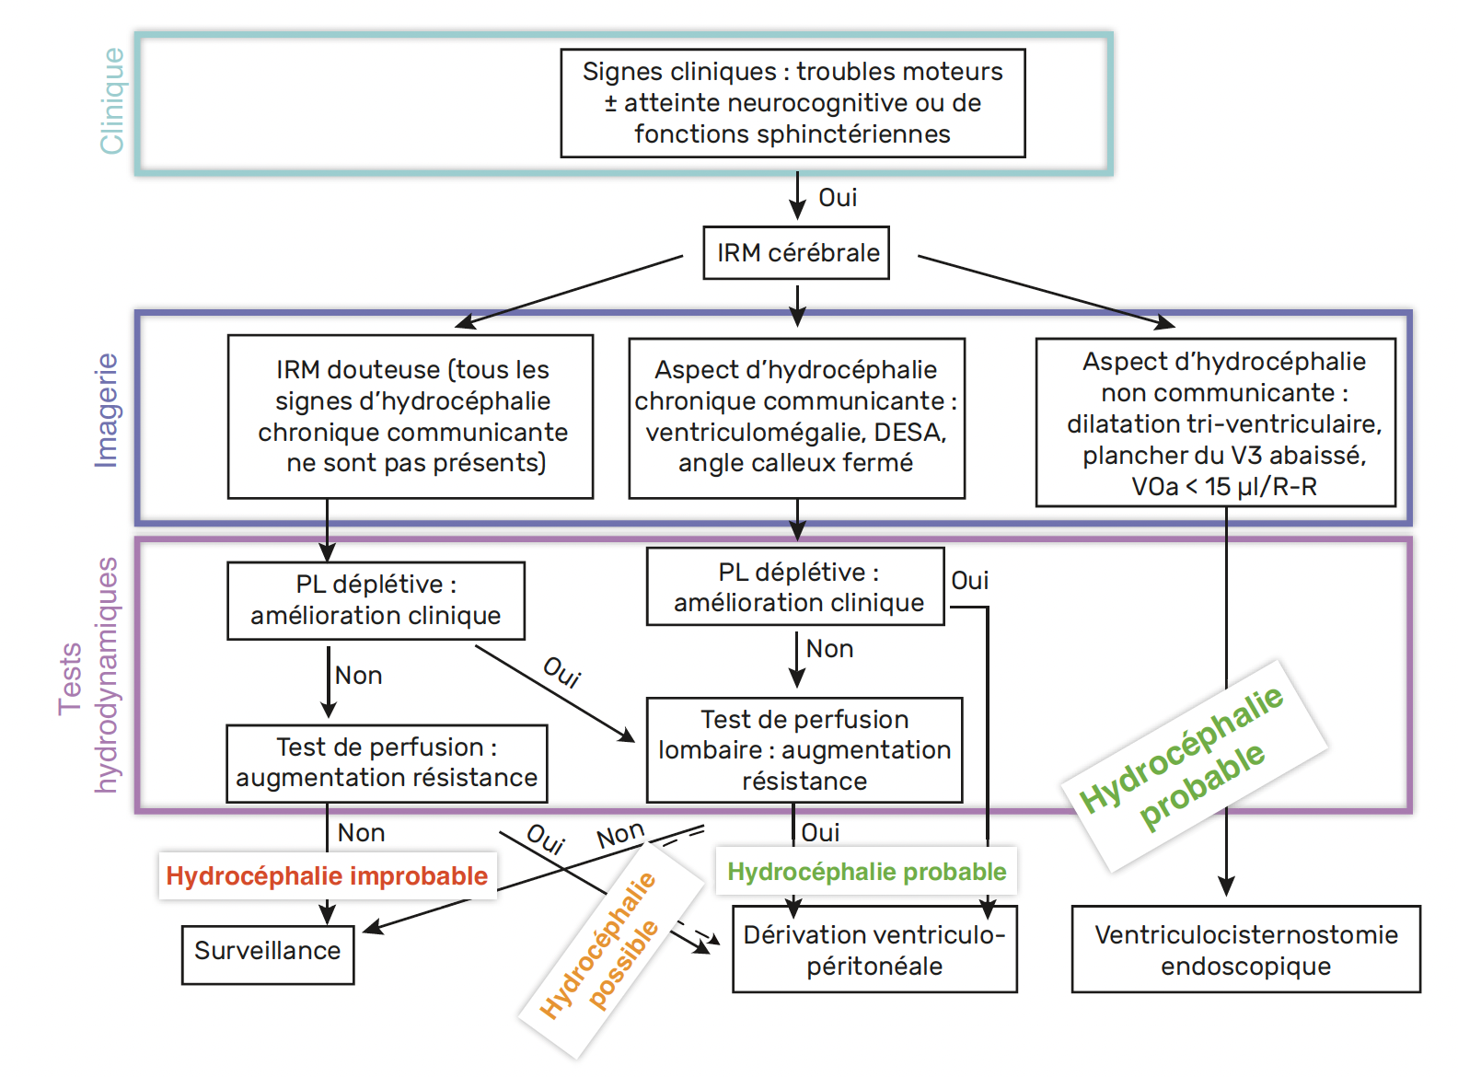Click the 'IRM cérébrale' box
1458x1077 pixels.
coord(795,253)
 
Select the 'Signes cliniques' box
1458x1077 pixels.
coord(793,103)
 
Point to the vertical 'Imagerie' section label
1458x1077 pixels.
coord(107,411)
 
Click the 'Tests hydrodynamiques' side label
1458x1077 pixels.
coord(88,675)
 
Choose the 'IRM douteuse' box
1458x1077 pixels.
coord(411,417)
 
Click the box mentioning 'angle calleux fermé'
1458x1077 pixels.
coord(797,418)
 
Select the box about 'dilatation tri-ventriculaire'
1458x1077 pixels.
coord(1215,423)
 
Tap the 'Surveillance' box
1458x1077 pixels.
coord(268,955)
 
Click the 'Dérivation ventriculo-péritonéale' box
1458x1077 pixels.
coord(874,949)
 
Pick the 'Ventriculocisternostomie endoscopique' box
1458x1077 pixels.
coord(1245,949)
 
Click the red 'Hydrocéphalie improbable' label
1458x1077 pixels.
coord(327,875)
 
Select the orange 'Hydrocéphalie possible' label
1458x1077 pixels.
coord(599,944)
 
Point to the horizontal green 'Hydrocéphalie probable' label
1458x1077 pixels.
coord(866,871)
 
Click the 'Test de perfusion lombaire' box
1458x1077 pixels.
coord(804,750)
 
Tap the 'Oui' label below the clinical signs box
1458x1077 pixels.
coord(838,197)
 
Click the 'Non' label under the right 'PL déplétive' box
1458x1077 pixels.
coord(829,649)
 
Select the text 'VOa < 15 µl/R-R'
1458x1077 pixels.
coord(1224,487)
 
